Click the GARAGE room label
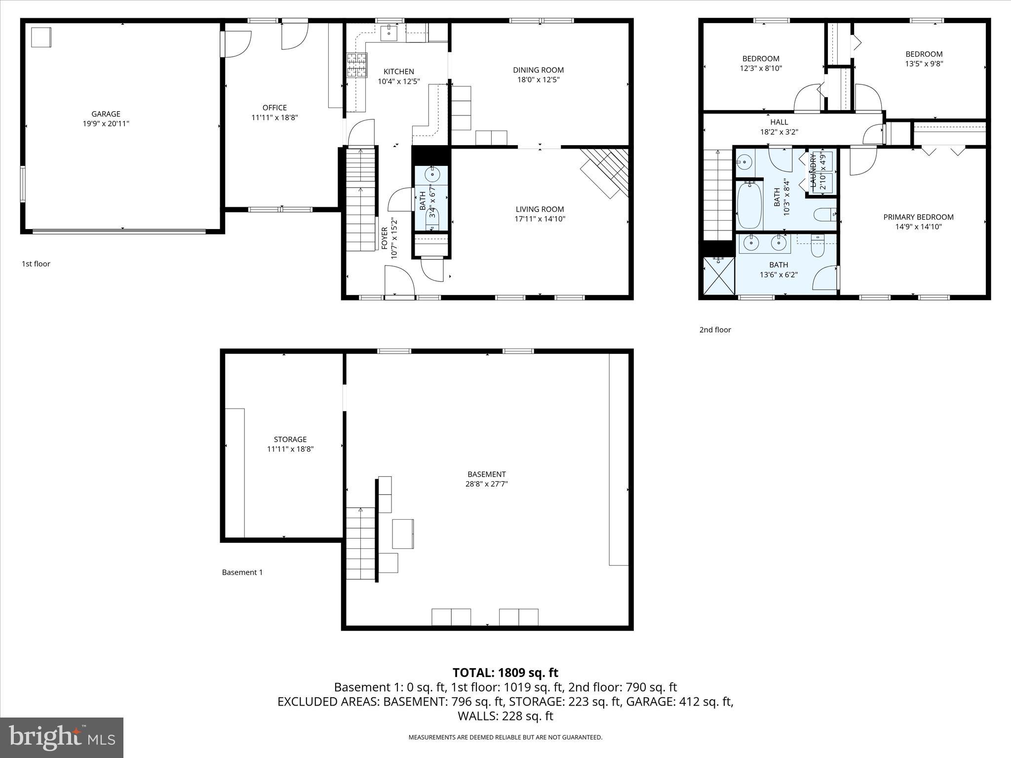(106, 114)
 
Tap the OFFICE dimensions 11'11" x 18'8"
(274, 117)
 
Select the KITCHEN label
(398, 72)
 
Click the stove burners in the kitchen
(357, 65)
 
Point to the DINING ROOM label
(538, 70)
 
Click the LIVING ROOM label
(540, 209)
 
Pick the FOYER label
(385, 238)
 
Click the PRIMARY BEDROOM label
(918, 217)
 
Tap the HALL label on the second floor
(779, 122)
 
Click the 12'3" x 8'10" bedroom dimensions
(761, 69)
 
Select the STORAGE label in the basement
(290, 439)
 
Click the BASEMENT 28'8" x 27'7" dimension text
(486, 484)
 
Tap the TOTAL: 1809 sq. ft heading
(505, 673)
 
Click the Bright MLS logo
(62, 737)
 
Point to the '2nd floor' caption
(715, 330)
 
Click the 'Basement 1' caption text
(242, 572)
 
